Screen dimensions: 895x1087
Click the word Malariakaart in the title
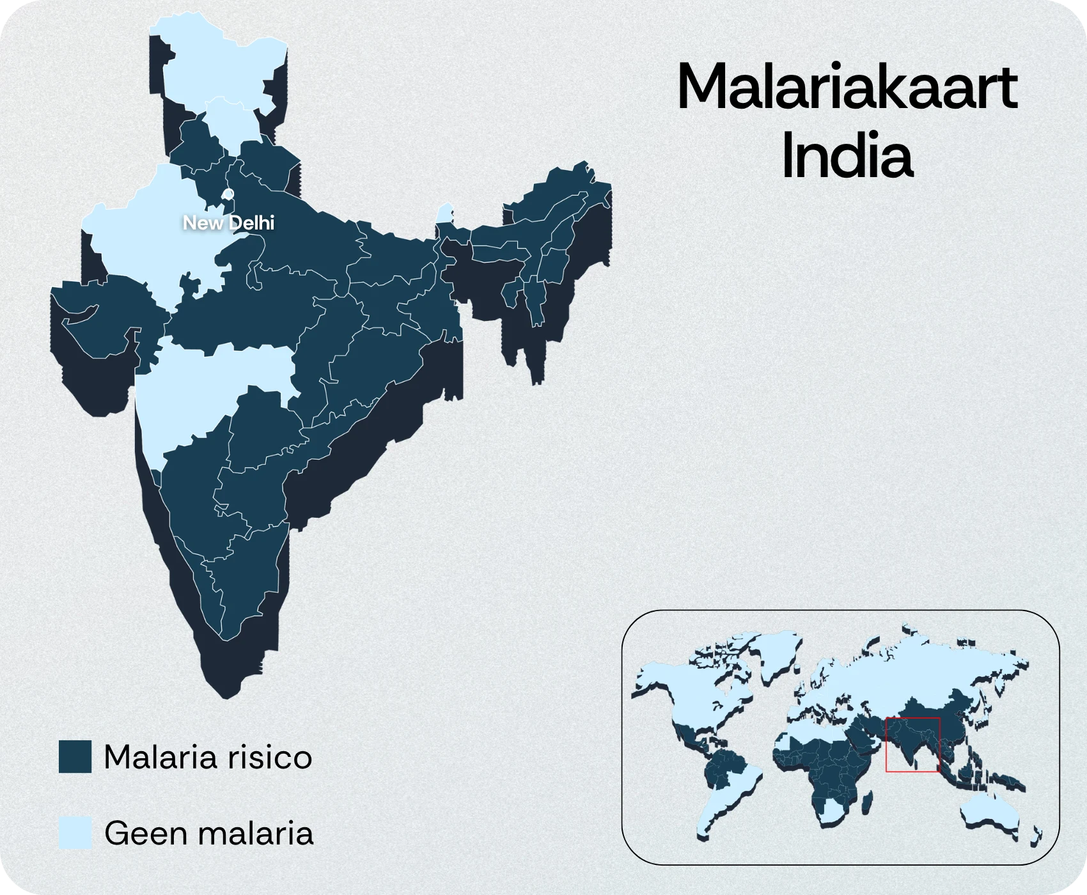point(847,89)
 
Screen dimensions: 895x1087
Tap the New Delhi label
point(228,222)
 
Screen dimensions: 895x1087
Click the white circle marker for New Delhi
point(228,193)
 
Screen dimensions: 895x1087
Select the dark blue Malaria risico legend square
point(75,757)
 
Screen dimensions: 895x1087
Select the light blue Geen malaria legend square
point(75,833)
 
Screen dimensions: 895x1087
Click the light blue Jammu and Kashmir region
point(211,64)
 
